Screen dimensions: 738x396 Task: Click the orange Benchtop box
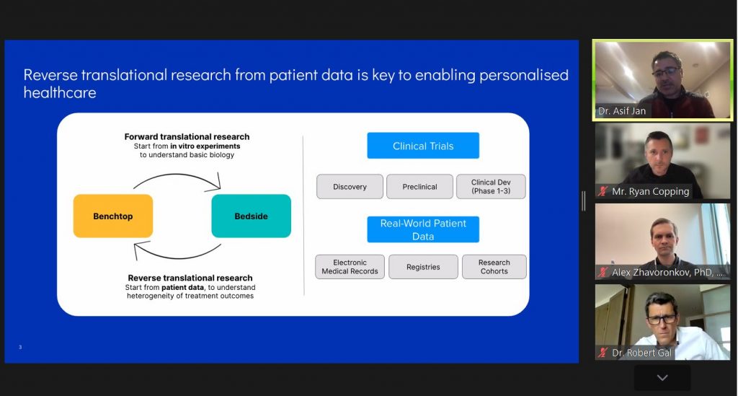coord(113,216)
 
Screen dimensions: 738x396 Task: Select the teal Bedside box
coord(252,216)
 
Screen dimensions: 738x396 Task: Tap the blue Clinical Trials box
coord(423,146)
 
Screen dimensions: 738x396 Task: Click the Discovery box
coord(350,187)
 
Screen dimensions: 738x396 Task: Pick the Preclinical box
coord(420,187)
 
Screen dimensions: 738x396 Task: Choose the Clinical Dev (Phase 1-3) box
coord(491,187)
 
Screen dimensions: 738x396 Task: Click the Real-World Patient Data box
coord(423,229)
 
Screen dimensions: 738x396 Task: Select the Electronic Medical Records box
coord(350,267)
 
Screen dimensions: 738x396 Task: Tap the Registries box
coord(423,267)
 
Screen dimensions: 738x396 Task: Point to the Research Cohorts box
coord(494,267)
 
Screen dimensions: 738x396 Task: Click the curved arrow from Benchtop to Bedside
coord(177,175)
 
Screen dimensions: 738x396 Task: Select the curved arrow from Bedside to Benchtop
coord(178,258)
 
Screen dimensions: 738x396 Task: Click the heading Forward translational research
coord(187,136)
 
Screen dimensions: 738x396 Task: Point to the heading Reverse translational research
coord(190,278)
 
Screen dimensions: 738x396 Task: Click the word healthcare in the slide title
coord(60,92)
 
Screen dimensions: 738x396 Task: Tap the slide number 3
coord(20,347)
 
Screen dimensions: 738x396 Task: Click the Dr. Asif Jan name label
coord(622,111)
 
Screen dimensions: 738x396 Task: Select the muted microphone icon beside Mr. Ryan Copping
coord(603,191)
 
